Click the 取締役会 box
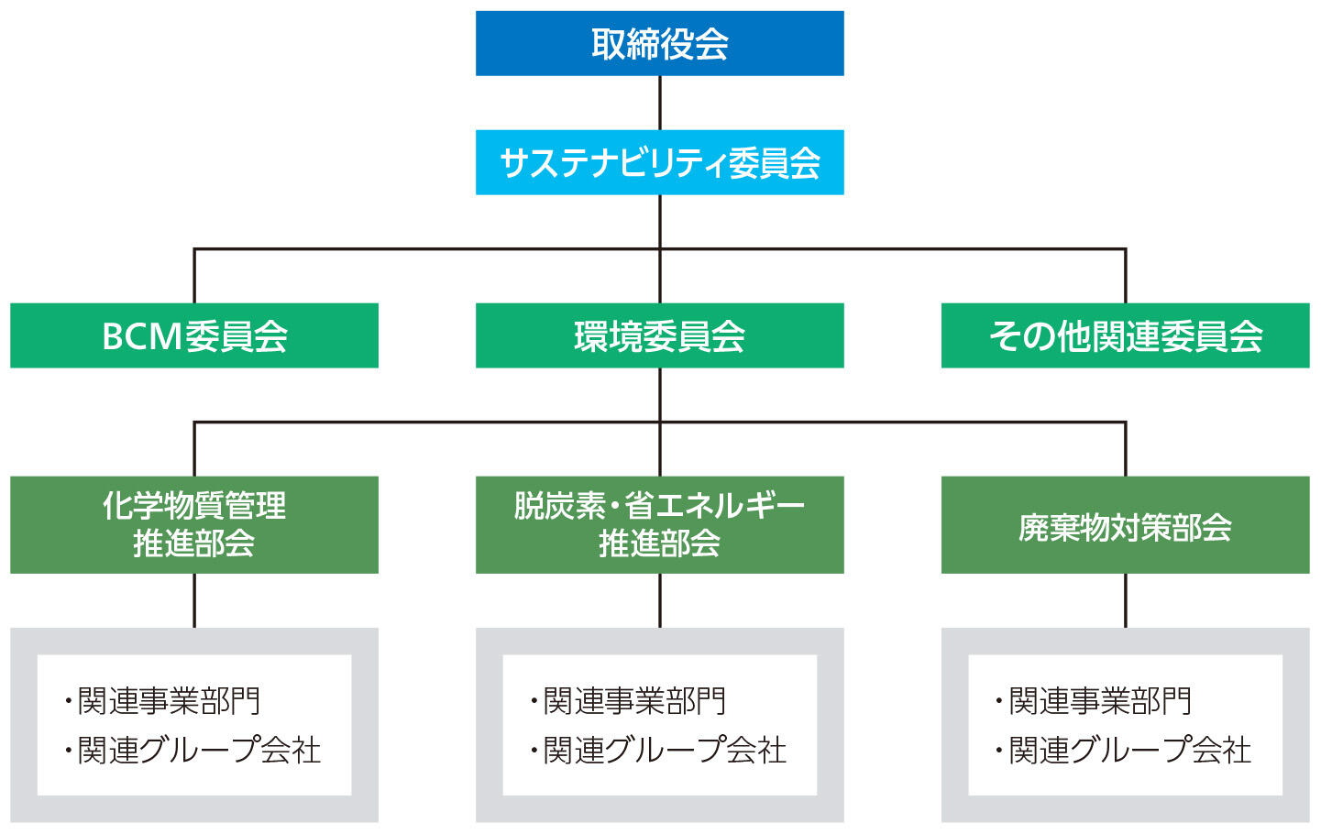click(659, 43)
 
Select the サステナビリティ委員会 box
click(659, 162)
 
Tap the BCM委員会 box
click(194, 335)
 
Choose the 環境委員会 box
click(659, 335)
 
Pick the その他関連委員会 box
click(1125, 335)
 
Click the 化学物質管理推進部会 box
click(194, 524)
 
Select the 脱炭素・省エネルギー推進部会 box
click(659, 524)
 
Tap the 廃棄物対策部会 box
click(1125, 524)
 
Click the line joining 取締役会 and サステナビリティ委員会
click(659, 103)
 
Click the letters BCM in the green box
click(141, 336)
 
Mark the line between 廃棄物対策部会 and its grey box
click(1125, 600)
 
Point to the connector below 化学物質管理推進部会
click(194, 600)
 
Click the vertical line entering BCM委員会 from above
click(194, 276)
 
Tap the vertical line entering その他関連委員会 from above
click(1125, 276)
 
